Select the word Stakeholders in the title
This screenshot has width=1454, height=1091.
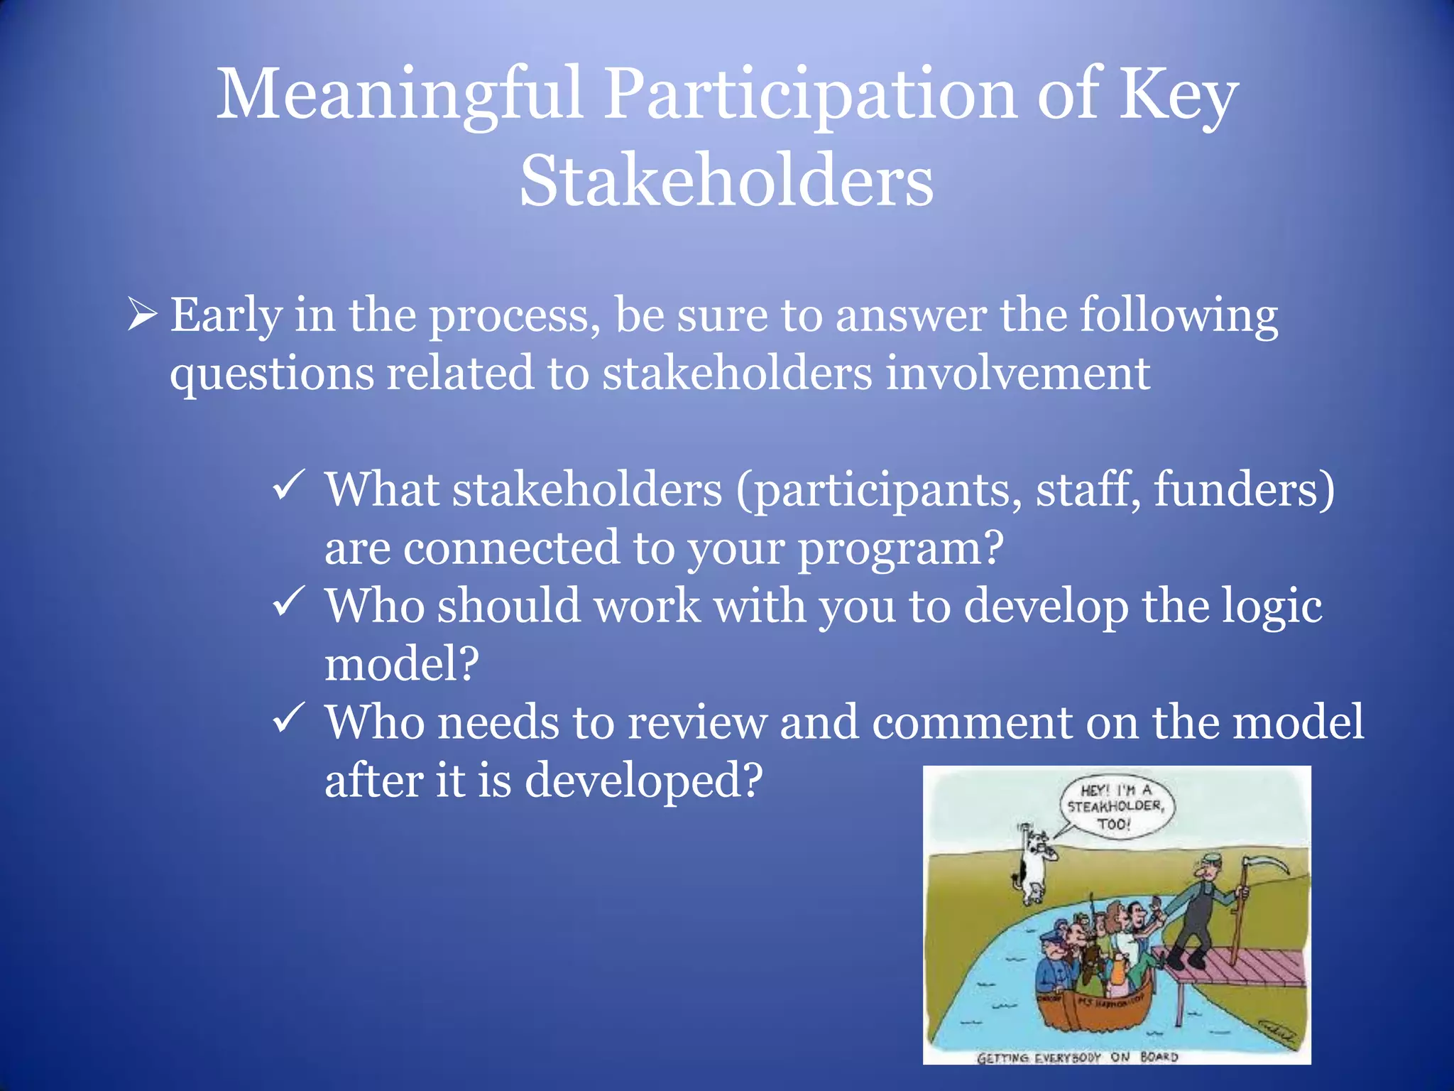[x=726, y=182]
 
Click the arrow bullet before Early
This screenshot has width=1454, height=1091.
[x=141, y=315]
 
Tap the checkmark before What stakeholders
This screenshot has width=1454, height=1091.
[x=289, y=487]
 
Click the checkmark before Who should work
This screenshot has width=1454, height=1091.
[x=289, y=602]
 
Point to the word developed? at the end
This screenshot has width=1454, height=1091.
[x=643, y=781]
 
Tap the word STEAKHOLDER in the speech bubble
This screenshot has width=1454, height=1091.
[x=1115, y=807]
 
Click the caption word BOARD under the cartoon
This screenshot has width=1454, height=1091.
[x=1159, y=1057]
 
